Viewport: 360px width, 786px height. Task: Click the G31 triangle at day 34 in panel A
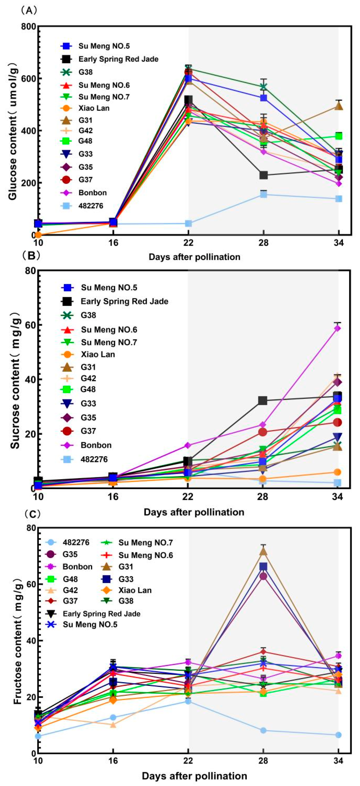point(338,106)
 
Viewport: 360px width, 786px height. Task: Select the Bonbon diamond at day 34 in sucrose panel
point(337,328)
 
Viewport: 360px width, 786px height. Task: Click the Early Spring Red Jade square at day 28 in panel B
point(263,401)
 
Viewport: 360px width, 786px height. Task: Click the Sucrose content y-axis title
point(15,380)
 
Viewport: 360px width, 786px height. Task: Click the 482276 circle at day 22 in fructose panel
point(188,701)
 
